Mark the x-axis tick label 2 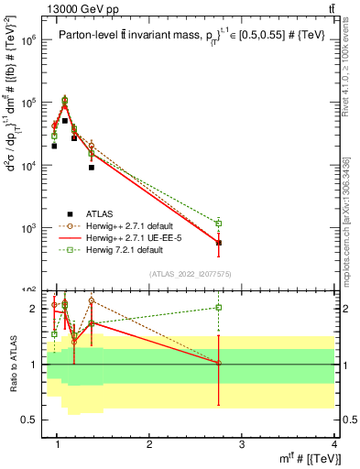point(149,446)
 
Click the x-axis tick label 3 point(242,446)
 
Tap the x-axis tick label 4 point(334,446)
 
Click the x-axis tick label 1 point(58,446)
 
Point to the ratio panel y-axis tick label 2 point(34,309)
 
